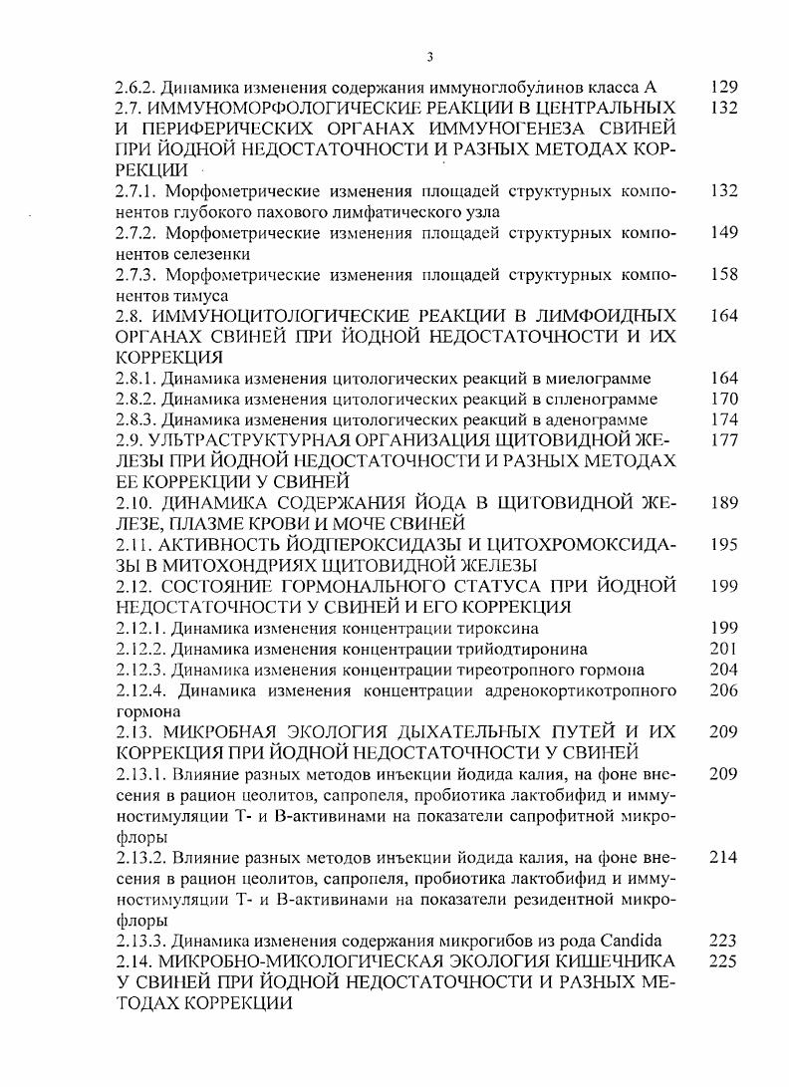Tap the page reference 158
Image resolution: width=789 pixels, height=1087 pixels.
tap(724, 274)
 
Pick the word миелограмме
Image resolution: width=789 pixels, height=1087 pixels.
tap(595, 379)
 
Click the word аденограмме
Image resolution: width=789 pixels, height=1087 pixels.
tap(592, 419)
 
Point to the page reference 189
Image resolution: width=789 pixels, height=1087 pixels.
tap(724, 504)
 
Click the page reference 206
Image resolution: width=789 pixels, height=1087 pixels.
tap(724, 690)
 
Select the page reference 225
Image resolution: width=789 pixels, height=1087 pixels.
tap(724, 962)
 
